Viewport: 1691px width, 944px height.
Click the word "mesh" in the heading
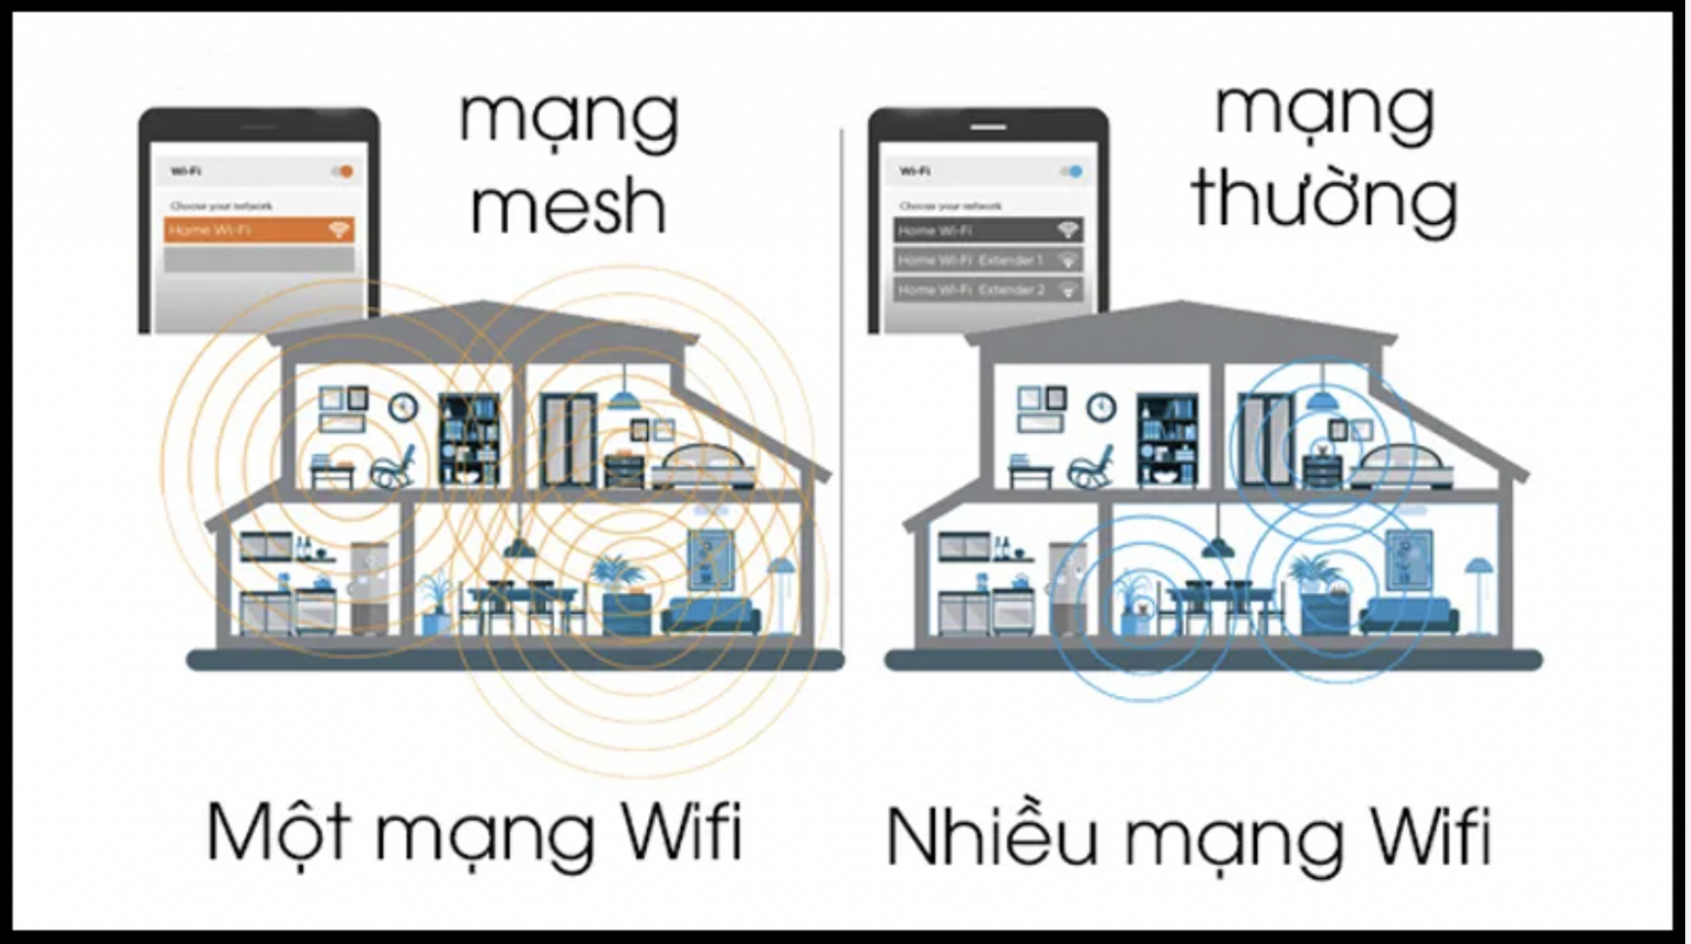[569, 206]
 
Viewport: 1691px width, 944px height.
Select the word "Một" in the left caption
[278, 832]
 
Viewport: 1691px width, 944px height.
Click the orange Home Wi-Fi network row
[259, 230]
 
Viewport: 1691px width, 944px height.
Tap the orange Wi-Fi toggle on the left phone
[342, 172]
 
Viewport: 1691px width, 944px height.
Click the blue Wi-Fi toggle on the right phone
[1071, 172]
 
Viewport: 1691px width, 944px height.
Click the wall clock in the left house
[402, 406]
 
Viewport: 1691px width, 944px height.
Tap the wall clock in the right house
[1101, 406]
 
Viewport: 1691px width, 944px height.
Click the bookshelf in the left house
[469, 439]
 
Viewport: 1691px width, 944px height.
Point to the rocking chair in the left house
[393, 467]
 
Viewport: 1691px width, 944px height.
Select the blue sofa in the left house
[710, 617]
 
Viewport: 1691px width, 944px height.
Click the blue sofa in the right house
[1409, 617]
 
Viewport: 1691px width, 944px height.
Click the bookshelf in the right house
[1168, 439]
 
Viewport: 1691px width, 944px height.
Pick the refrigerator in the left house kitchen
[369, 587]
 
